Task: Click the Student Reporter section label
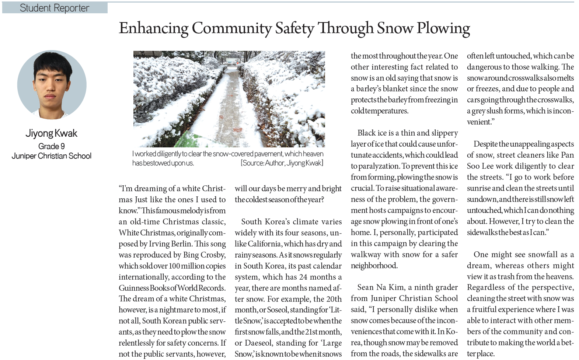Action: pyautogui.click(x=55, y=8)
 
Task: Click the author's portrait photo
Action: pyautogui.click(x=52, y=85)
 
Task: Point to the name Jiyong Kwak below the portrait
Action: pyautogui.click(x=51, y=133)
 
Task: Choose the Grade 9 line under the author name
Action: pyautogui.click(x=51, y=146)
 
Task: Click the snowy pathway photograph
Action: pyautogui.click(x=229, y=99)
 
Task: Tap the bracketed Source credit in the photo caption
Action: pyautogui.click(x=282, y=163)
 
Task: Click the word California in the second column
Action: pyautogui.click(x=264, y=244)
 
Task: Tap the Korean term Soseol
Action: pyautogui.click(x=278, y=310)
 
